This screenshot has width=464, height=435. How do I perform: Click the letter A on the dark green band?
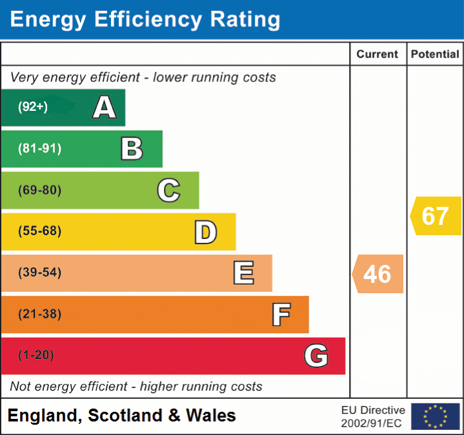[x=105, y=107]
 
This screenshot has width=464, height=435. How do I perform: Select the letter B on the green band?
[x=132, y=149]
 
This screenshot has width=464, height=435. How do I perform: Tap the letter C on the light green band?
[x=168, y=191]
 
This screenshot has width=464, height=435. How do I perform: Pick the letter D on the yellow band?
[x=205, y=232]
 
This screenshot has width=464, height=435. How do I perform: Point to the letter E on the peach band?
[x=243, y=273]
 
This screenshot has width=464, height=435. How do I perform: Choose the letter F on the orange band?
[x=280, y=314]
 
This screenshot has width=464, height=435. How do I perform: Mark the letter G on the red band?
[x=316, y=356]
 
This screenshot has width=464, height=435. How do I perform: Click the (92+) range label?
[x=33, y=107]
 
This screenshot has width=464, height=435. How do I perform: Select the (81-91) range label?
[x=40, y=149]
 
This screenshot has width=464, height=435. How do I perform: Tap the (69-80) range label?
[x=40, y=191]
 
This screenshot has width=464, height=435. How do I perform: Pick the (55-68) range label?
[x=40, y=231]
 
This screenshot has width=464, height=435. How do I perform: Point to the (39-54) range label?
[x=40, y=273]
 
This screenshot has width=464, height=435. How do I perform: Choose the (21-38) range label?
[x=40, y=314]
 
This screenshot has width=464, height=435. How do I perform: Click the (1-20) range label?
[x=36, y=355]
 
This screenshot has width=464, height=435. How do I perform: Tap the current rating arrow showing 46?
[x=378, y=274]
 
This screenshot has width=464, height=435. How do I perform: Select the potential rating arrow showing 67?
[x=436, y=216]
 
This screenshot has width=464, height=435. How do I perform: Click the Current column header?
[x=378, y=55]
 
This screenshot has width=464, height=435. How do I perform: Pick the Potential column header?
[x=435, y=55]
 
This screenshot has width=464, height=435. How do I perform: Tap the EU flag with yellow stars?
[x=435, y=416]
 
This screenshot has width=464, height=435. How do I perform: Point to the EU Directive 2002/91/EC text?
[x=373, y=416]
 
